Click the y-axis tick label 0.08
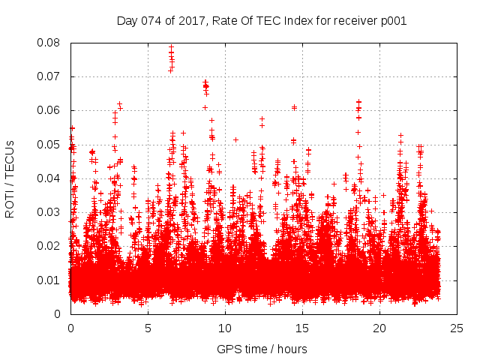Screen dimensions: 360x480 [49, 43]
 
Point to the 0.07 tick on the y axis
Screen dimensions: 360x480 [49, 76]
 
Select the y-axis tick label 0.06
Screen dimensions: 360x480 [49, 110]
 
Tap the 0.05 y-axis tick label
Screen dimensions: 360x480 [49, 144]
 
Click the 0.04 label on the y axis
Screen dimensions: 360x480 [49, 178]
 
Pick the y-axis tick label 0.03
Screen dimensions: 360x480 [49, 212]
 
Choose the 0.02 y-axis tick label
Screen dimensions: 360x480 [49, 246]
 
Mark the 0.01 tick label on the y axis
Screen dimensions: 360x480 [49, 280]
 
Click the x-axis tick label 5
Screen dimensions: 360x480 [148, 328]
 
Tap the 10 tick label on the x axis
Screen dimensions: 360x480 [225, 328]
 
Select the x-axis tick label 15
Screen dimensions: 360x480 [302, 328]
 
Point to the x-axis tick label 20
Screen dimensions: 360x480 [379, 328]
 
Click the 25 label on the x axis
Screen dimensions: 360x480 [457, 328]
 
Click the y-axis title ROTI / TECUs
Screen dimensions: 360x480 [10, 178]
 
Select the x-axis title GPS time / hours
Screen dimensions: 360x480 [262, 349]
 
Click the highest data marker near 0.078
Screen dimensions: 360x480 [171, 47]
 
